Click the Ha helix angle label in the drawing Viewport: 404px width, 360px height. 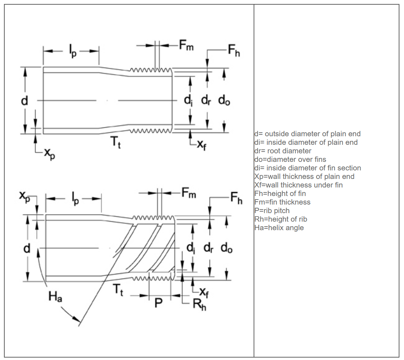tap(55, 297)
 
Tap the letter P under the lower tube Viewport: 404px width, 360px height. tap(159, 303)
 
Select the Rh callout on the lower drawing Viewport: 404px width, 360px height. tap(199, 306)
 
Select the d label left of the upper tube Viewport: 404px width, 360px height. tap(24, 101)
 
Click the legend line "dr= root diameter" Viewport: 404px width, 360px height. tap(283, 151)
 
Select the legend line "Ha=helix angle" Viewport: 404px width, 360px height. tap(279, 228)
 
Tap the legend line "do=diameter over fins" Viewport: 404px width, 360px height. tap(290, 159)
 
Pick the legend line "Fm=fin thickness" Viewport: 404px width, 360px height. tap(282, 202)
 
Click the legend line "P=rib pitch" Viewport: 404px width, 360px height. tap(272, 211)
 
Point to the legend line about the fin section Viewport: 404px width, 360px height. tap(308, 168)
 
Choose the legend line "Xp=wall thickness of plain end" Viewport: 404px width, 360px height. tap(304, 176)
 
